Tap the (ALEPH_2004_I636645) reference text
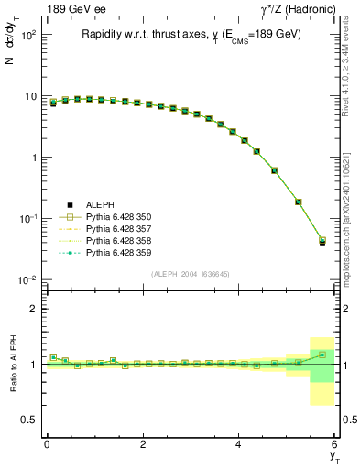coord(191,274)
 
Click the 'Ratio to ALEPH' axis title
coord(14,365)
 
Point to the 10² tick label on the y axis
coord(28,35)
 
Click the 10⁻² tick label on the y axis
coord(28,279)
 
